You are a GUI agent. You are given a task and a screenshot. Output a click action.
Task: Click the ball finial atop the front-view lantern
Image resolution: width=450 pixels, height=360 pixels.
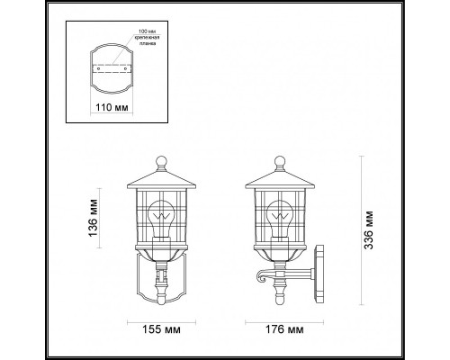162,165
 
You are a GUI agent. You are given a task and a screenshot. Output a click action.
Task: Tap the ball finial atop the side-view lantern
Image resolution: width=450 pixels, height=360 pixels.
280,165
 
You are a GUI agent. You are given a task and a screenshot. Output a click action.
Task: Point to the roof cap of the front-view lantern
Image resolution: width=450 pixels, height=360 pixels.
162,179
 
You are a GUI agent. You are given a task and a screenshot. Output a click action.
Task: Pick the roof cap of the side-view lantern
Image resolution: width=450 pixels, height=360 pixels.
280,179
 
